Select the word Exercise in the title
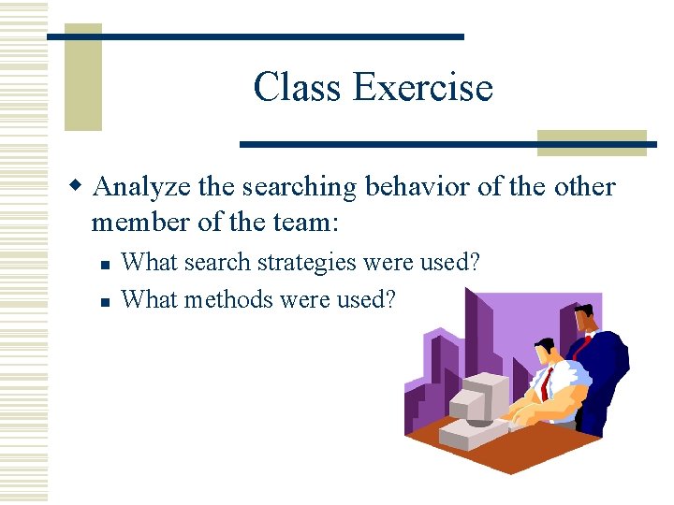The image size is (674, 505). pyautogui.click(x=423, y=87)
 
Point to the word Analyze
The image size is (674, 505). pyautogui.click(x=144, y=188)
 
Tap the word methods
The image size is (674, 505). pyautogui.click(x=226, y=299)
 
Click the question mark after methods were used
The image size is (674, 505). pyautogui.click(x=390, y=299)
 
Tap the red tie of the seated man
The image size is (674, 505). pyautogui.click(x=544, y=382)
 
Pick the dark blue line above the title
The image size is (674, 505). pyautogui.click(x=256, y=36)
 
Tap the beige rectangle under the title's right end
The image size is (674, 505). pyautogui.click(x=592, y=142)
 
